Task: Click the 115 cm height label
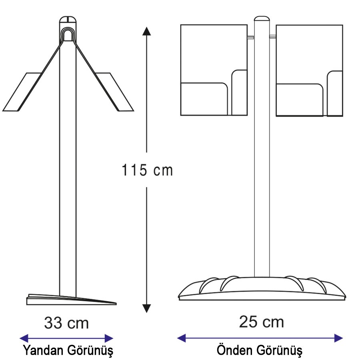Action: [x=147, y=170]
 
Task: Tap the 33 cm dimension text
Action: [x=66, y=323]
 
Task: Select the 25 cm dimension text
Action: [x=262, y=322]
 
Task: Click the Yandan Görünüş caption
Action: [x=68, y=350]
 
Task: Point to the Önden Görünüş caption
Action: [x=260, y=350]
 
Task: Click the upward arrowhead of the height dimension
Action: [x=146, y=31]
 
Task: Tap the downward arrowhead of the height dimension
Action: [x=146, y=308]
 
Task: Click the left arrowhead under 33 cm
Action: [x=24, y=338]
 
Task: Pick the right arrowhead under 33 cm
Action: [x=109, y=338]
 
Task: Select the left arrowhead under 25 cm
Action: [x=181, y=338]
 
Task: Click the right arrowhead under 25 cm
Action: [x=338, y=338]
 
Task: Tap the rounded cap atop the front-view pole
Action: [x=262, y=18]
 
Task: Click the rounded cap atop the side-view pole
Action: [x=68, y=19]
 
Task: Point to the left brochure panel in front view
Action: [x=214, y=70]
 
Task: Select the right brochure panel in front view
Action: [x=309, y=70]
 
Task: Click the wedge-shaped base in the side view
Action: [x=72, y=300]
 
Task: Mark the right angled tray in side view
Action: [x=114, y=92]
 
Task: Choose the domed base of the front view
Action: [x=262, y=288]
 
